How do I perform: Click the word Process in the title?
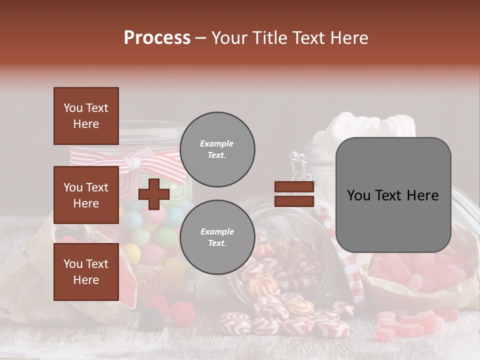[157, 38]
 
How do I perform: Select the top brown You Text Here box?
[86, 116]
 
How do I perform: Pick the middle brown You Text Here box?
[86, 195]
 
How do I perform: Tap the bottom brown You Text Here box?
[86, 272]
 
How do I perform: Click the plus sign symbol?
[154, 194]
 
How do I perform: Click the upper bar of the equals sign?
[294, 187]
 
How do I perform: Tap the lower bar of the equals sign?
[294, 201]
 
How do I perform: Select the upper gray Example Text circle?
[217, 149]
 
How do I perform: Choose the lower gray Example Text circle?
[217, 237]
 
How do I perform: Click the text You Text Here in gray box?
[393, 195]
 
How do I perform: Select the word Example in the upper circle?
[217, 144]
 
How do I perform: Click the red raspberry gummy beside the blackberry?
[182, 313]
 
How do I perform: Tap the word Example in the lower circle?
[217, 232]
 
